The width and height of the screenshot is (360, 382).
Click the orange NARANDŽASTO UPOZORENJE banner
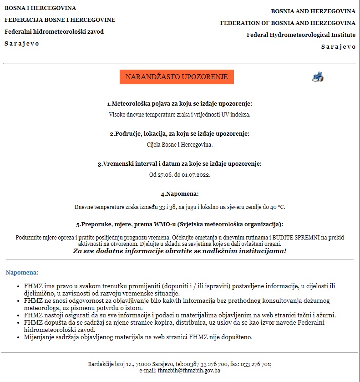coord(177,77)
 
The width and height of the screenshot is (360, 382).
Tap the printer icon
coord(317,77)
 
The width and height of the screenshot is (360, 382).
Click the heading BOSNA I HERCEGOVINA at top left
coord(40,8)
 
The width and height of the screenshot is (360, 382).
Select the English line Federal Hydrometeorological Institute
coord(301,35)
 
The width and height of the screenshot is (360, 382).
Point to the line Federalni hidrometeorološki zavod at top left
coord(54,32)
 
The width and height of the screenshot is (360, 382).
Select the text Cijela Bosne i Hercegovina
coord(180,145)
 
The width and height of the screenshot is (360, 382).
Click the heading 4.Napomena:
coord(180,194)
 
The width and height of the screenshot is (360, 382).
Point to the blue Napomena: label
coord(22,272)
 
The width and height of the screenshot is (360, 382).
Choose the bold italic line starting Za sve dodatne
coord(180,251)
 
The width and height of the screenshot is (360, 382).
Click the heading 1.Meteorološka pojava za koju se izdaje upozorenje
coord(180,104)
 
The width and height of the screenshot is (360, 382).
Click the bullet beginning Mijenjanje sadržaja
coord(138,337)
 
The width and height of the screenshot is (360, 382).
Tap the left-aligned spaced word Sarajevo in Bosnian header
coord(22,44)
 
